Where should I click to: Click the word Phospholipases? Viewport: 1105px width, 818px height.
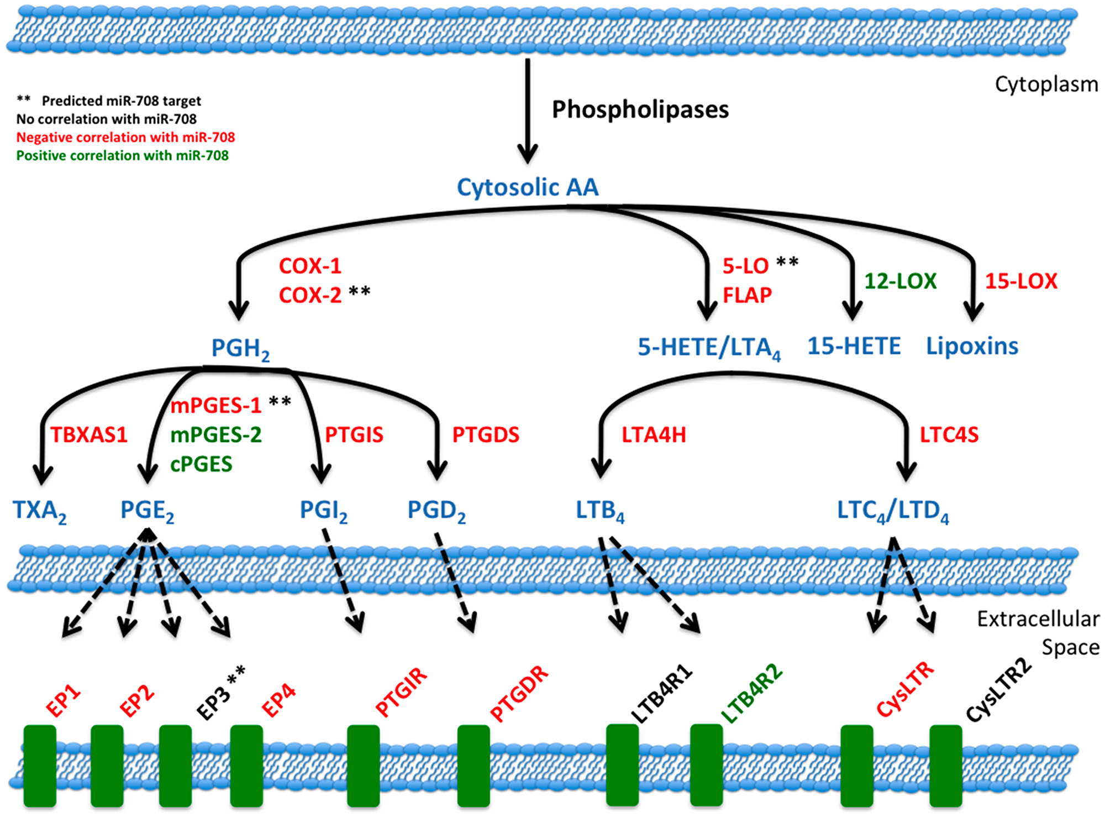640,109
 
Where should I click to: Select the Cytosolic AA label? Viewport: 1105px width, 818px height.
528,187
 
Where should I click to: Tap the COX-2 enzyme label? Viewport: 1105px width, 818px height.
310,295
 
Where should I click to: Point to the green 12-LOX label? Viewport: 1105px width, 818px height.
900,281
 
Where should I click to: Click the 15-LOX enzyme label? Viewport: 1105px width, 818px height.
1021,281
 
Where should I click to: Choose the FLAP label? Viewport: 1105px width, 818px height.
747,295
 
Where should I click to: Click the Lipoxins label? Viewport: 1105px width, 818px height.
972,347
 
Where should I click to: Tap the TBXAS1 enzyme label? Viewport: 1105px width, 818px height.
89,435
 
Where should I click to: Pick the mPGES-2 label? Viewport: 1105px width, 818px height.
215,435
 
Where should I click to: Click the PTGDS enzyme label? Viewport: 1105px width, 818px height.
486,435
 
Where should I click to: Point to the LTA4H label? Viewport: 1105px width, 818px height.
654,435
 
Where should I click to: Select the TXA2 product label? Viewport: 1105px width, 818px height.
39,511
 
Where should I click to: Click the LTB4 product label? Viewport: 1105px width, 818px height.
600,511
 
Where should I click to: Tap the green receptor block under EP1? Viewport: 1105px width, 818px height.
40,765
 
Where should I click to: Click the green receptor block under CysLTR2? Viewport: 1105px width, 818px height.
945,765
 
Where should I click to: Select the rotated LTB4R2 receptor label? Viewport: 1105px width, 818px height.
752,694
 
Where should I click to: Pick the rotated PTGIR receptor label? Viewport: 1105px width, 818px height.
402,692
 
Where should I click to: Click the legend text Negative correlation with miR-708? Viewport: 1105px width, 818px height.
125,137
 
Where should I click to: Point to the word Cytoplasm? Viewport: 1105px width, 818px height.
1046,85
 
